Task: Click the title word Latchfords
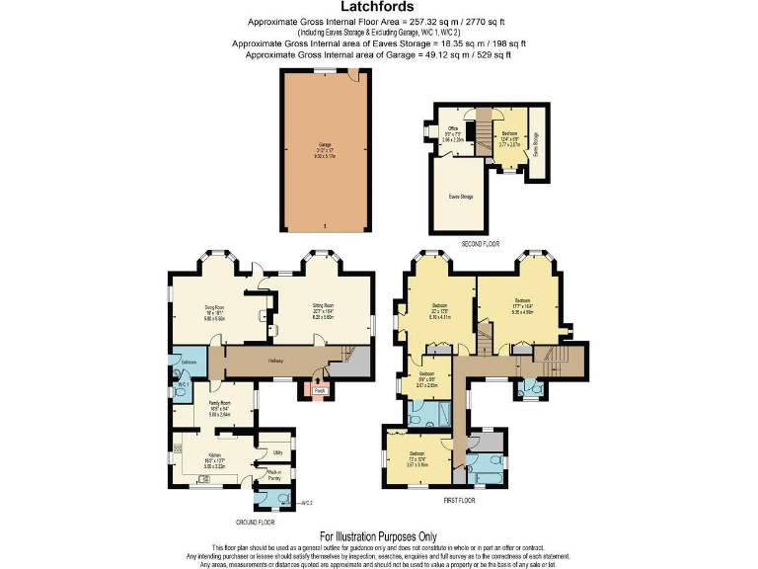379,8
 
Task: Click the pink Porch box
319,391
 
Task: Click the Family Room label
218,408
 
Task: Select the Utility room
277,452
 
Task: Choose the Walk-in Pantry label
275,476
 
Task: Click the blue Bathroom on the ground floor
188,361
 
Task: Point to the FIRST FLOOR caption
459,501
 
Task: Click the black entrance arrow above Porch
319,377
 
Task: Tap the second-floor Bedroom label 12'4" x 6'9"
510,136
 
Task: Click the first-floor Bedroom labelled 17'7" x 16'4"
522,304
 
